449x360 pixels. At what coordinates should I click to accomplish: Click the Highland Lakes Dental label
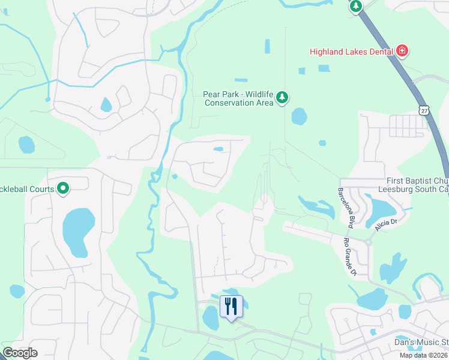(x=351, y=52)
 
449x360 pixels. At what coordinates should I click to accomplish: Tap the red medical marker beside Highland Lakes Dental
(x=402, y=52)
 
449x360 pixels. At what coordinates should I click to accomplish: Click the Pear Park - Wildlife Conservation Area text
(x=239, y=98)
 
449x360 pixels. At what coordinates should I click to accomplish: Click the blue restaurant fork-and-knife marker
(x=230, y=307)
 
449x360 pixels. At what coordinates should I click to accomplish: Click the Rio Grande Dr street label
(x=350, y=257)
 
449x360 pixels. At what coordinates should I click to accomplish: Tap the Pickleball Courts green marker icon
(x=63, y=189)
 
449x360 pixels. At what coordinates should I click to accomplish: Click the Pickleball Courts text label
(x=27, y=189)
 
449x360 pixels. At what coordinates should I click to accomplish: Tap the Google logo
(x=20, y=353)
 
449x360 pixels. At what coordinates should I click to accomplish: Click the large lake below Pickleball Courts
(x=77, y=230)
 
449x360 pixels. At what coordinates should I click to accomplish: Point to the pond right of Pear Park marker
(x=298, y=116)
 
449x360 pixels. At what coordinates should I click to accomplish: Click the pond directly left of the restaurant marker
(x=211, y=317)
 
